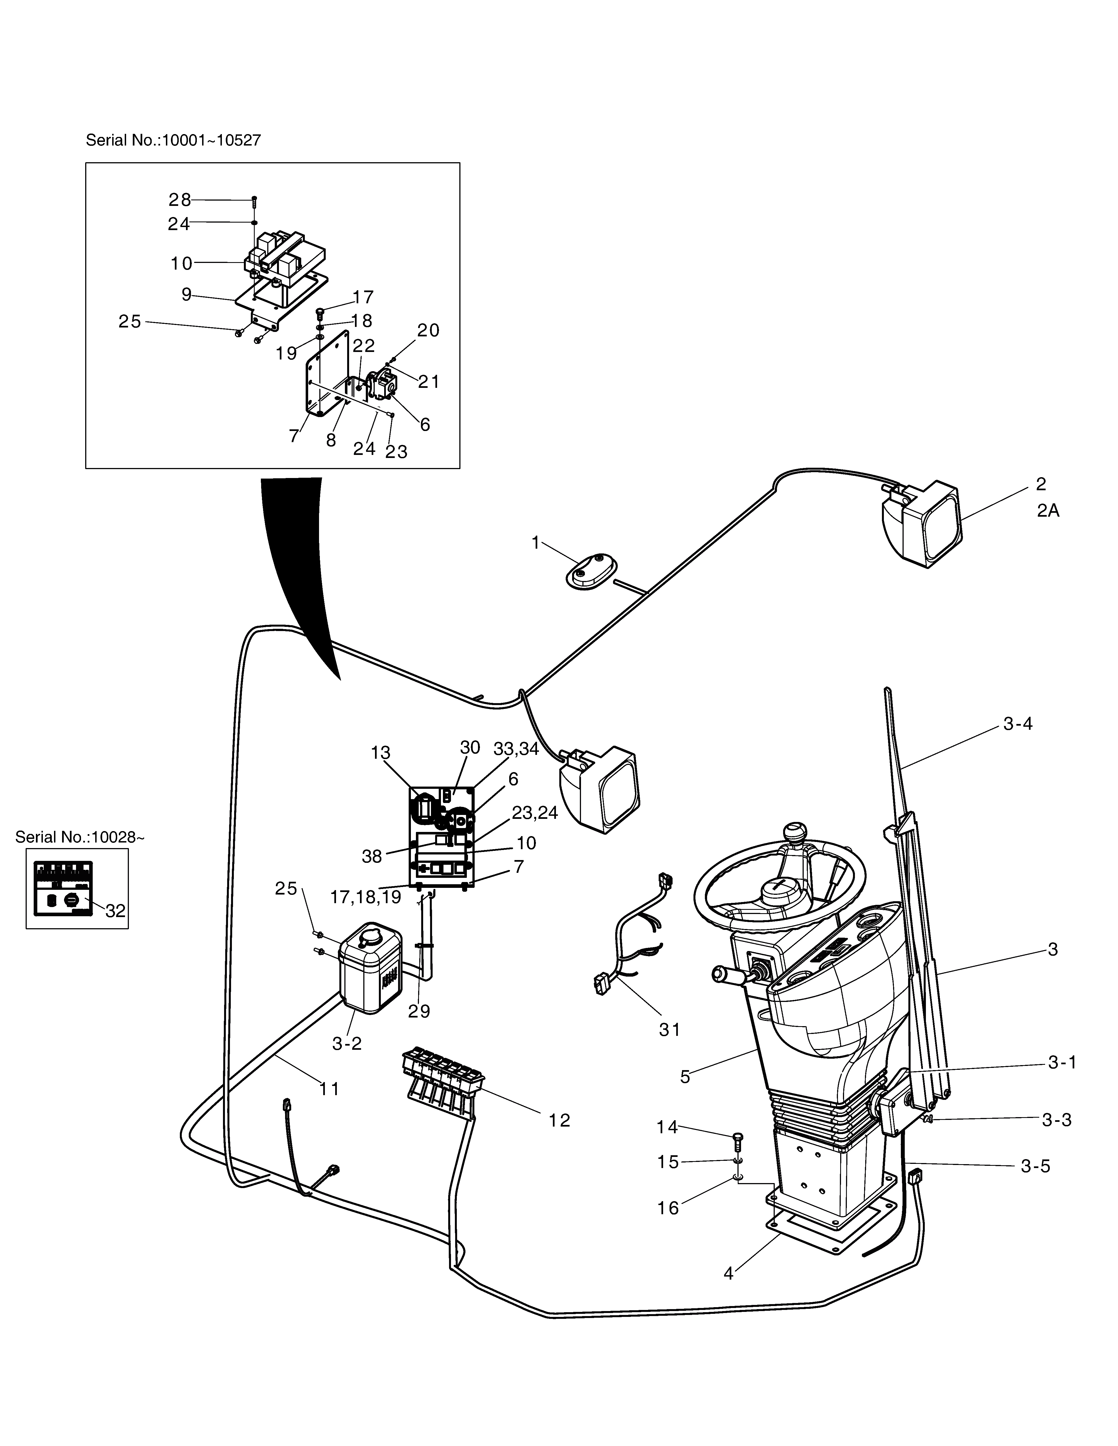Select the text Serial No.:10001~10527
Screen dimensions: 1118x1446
click(173, 140)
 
